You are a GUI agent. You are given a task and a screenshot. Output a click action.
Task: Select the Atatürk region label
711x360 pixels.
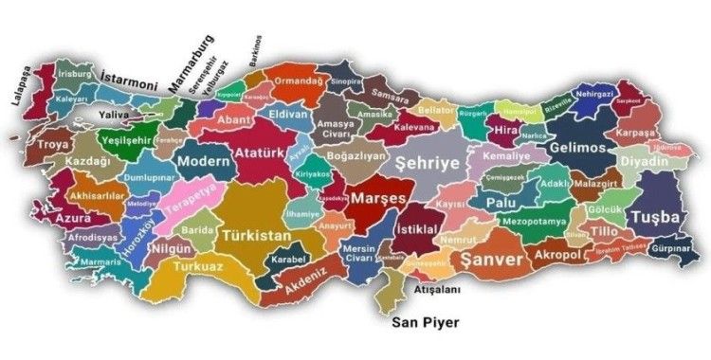260,151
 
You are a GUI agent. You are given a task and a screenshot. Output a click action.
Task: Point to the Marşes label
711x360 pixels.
377,199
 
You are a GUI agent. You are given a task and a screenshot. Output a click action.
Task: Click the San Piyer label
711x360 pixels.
427,323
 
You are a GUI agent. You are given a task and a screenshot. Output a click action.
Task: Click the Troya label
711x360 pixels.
53,145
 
